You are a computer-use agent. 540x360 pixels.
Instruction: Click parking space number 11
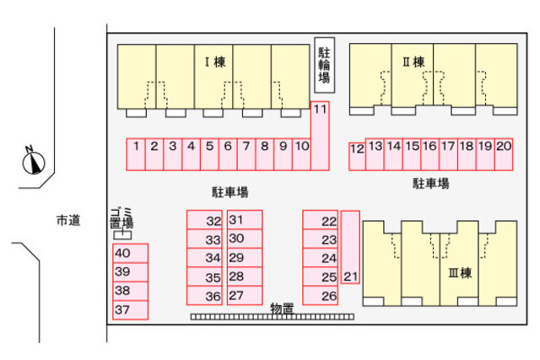pos(320,136)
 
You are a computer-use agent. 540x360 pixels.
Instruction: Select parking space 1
pos(136,154)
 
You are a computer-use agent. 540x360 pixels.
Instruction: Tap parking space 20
pos(504,154)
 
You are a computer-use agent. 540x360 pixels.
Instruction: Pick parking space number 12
pos(357,157)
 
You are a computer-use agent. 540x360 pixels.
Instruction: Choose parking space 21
pos(351,248)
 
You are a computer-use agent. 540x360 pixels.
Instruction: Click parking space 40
pos(131,253)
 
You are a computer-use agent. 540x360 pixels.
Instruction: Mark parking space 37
pos(131,310)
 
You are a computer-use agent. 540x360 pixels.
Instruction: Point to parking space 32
pos(204,220)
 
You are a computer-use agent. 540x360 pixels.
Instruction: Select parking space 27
pos(245,296)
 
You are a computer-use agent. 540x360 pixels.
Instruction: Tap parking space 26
pos(321,296)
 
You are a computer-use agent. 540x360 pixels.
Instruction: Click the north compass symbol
pos(34,161)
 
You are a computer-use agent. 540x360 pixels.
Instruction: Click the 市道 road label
pos(68,220)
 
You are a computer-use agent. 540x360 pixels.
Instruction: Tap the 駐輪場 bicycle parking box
pos(324,65)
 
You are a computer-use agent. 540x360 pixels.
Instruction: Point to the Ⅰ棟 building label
pos(215,62)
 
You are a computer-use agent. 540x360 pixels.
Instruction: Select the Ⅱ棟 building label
pos(414,62)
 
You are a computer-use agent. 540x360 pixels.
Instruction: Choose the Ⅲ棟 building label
pos(460,273)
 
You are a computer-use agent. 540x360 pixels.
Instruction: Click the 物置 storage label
pos(283,308)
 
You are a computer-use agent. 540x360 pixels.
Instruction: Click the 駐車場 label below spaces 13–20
pos(431,183)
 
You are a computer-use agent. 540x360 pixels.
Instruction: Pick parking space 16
pos(429,154)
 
